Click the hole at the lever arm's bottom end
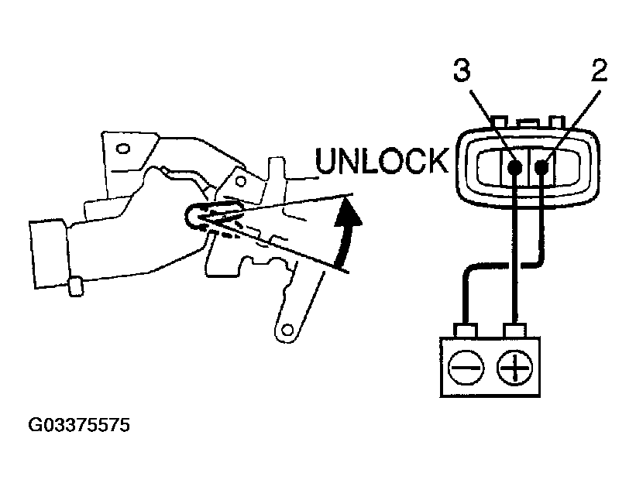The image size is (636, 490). point(287,331)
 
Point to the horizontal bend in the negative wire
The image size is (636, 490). point(500,266)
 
